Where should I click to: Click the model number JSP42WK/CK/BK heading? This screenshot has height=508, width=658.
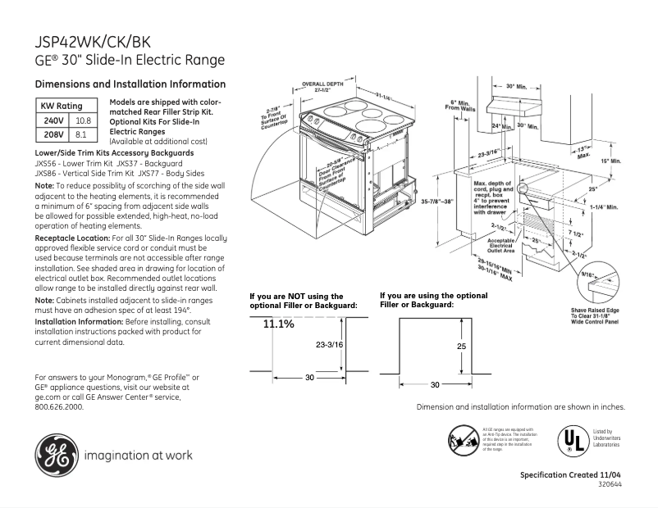tap(92, 41)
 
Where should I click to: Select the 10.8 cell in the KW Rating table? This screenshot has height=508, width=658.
tap(82, 120)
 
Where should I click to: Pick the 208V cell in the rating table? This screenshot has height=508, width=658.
tap(53, 133)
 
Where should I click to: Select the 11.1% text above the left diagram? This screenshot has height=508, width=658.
tap(278, 324)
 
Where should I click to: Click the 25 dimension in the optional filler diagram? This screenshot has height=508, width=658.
tap(461, 347)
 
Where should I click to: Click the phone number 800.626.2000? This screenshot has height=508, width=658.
tap(59, 406)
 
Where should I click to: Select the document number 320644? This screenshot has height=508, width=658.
tap(610, 484)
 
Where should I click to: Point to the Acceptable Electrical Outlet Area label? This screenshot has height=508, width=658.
tap(500, 244)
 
